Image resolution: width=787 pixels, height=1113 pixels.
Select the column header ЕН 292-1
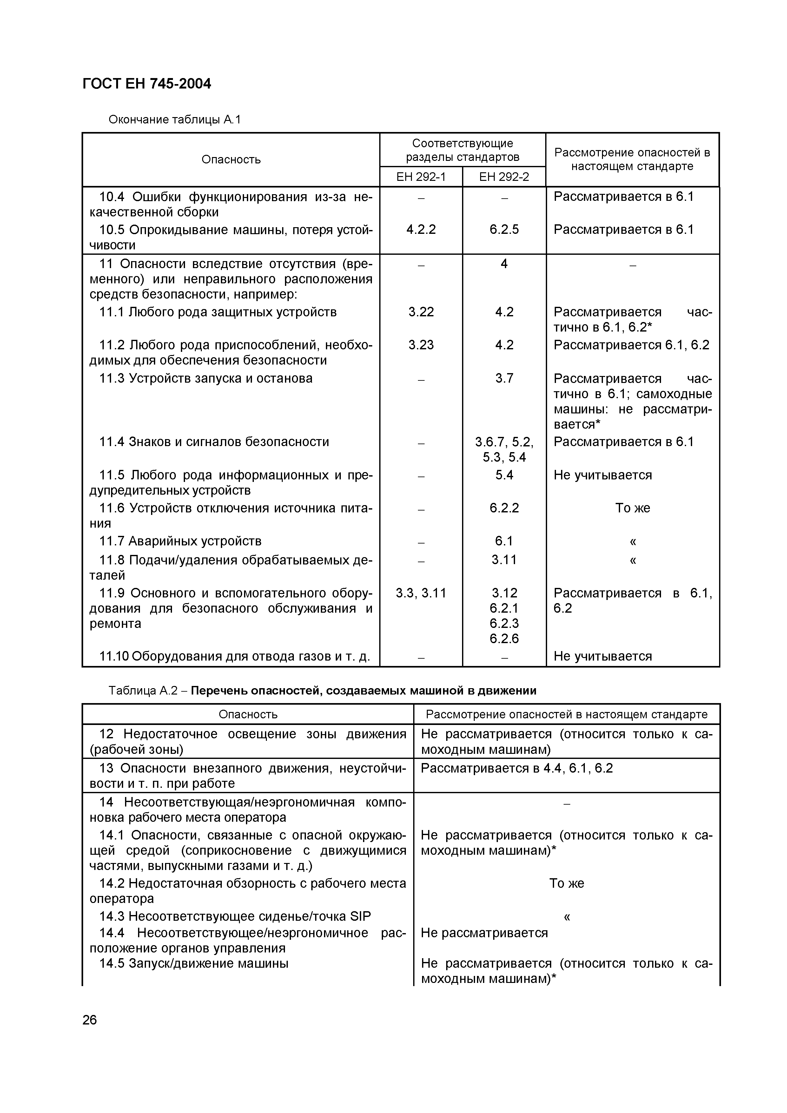420,177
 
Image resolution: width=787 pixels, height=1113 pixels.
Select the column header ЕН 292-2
504,177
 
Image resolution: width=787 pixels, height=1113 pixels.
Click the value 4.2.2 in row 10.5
421,229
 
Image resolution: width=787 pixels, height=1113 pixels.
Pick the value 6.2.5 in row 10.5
504,229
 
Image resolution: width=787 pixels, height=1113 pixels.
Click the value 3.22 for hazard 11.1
421,312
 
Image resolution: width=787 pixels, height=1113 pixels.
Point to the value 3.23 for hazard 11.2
421,345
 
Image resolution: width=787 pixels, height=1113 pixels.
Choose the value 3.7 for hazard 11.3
504,378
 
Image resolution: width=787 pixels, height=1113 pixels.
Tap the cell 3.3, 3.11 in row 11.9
421,593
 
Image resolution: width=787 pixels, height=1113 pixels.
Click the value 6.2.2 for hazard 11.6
504,508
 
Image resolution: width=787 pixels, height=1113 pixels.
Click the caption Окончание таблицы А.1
175,119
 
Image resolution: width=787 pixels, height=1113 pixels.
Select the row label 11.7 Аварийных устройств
180,541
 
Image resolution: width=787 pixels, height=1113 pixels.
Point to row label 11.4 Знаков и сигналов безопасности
214,442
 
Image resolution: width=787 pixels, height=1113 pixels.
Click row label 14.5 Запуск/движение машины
194,963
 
